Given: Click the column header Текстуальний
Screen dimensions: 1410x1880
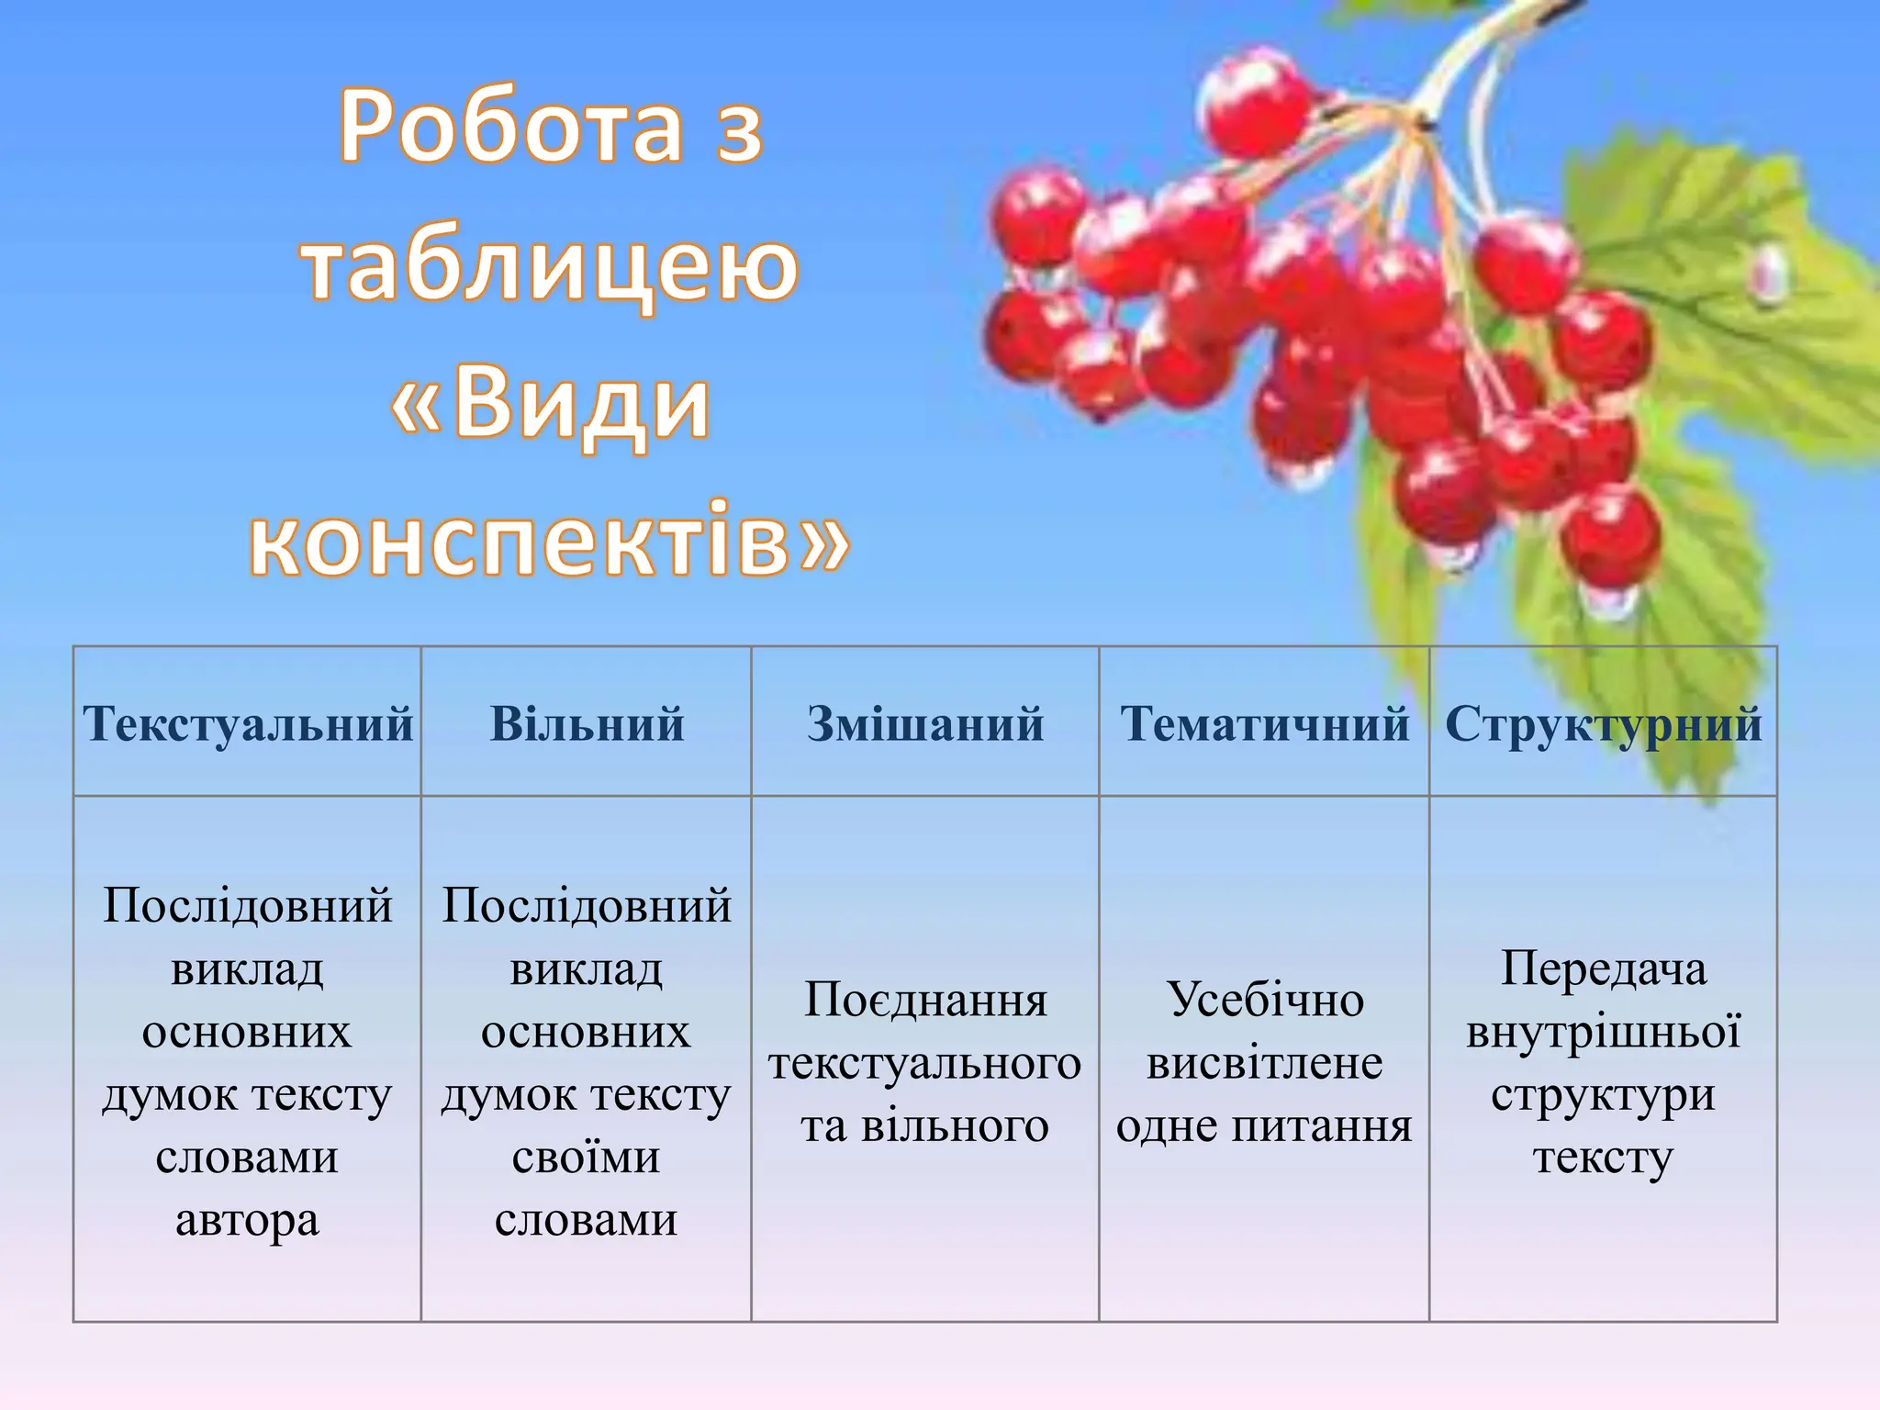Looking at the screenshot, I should [x=248, y=723].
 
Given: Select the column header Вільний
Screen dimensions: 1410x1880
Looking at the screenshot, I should [x=587, y=723].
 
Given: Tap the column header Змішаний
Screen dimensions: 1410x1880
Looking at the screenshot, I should [x=925, y=723].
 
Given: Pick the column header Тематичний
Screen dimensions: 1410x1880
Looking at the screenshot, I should [x=1264, y=723].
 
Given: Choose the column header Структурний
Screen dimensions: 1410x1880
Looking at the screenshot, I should [x=1603, y=723].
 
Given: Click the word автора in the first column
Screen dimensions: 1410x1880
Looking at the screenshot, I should [x=248, y=1220].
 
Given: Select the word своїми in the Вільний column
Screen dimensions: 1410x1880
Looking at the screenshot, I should [x=587, y=1157].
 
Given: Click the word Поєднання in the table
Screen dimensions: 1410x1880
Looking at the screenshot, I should [x=925, y=1000].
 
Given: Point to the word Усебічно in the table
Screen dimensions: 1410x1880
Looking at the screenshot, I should [x=1265, y=1000].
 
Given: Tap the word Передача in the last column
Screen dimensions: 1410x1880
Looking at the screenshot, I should [x=1603, y=968].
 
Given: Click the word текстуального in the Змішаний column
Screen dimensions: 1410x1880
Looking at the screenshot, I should [x=925, y=1063].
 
